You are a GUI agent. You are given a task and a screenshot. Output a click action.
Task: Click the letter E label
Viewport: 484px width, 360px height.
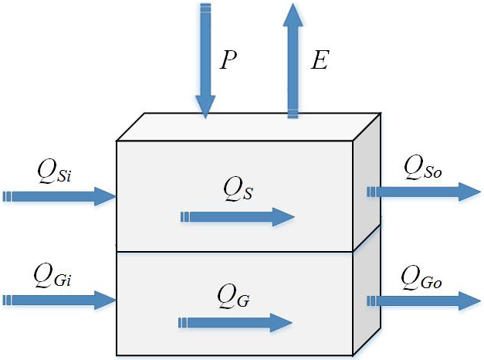click(x=320, y=59)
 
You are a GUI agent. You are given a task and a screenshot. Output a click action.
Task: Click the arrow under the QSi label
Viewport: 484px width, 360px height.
click(x=59, y=195)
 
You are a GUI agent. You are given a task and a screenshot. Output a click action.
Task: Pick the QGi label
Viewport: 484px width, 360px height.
click(x=54, y=274)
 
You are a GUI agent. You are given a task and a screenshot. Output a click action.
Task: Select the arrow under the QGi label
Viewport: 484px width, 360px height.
click(x=59, y=300)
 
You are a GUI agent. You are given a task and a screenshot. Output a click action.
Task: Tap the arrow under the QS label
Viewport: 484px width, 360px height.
click(x=236, y=217)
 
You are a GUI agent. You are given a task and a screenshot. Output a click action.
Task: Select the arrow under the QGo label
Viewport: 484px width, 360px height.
click(x=424, y=301)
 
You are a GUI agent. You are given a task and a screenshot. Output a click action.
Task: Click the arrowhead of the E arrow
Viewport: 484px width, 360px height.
click(x=293, y=15)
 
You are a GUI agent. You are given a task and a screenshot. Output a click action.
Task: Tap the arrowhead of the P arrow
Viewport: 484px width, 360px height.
click(x=205, y=107)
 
